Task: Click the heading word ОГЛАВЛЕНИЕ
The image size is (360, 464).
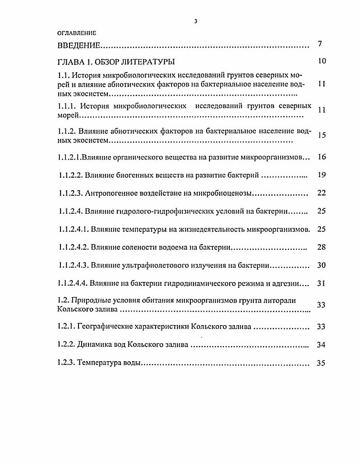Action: (x=77, y=33)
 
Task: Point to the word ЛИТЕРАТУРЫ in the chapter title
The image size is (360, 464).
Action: (x=148, y=62)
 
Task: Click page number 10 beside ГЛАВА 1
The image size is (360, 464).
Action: (x=321, y=61)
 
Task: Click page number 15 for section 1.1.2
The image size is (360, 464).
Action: (x=321, y=135)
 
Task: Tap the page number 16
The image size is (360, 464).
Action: (x=321, y=157)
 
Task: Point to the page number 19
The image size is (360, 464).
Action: (x=321, y=175)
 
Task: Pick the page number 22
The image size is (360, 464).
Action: (x=321, y=193)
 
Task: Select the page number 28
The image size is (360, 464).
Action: (x=321, y=247)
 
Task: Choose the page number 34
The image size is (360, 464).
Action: (x=321, y=345)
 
